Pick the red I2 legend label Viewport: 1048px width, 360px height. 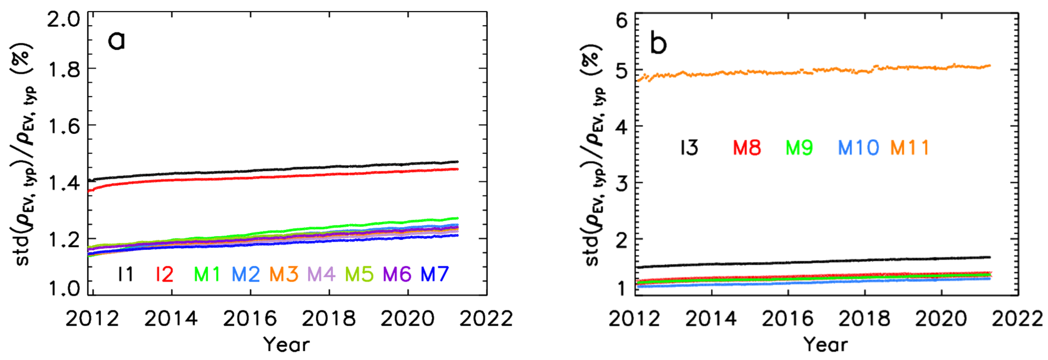pyautogui.click(x=164, y=275)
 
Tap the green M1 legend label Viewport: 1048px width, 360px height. pyautogui.click(x=207, y=275)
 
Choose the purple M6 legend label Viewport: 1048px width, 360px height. pyautogui.click(x=397, y=275)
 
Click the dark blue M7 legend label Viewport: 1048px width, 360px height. pyautogui.click(x=434, y=275)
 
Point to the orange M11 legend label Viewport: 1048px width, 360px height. pyautogui.click(x=910, y=148)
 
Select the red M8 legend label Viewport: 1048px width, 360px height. pyautogui.click(x=747, y=148)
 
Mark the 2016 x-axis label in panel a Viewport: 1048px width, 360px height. pyautogui.click(x=249, y=319)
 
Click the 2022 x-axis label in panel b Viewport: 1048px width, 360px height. pyautogui.click(x=1017, y=319)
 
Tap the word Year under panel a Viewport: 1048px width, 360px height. pyautogui.click(x=287, y=344)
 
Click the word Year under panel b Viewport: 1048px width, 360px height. pyautogui.click(x=826, y=344)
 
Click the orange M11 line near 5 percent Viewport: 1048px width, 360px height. pyautogui.click(x=814, y=70)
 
